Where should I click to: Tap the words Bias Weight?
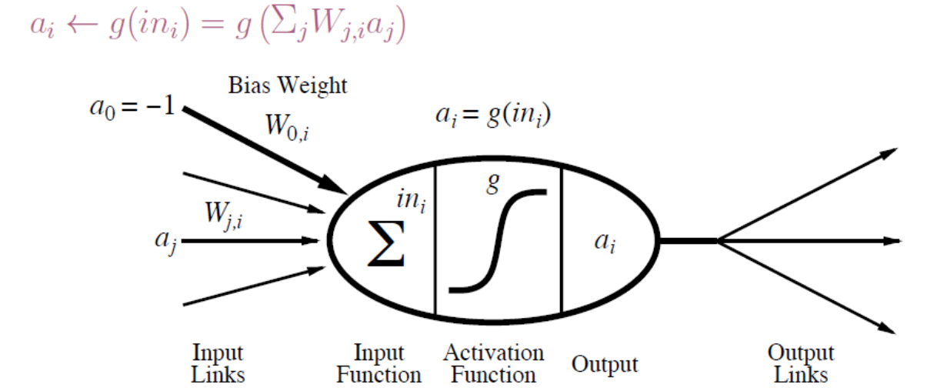point(287,86)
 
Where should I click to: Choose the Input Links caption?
point(218,363)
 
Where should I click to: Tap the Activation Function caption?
point(494,363)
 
